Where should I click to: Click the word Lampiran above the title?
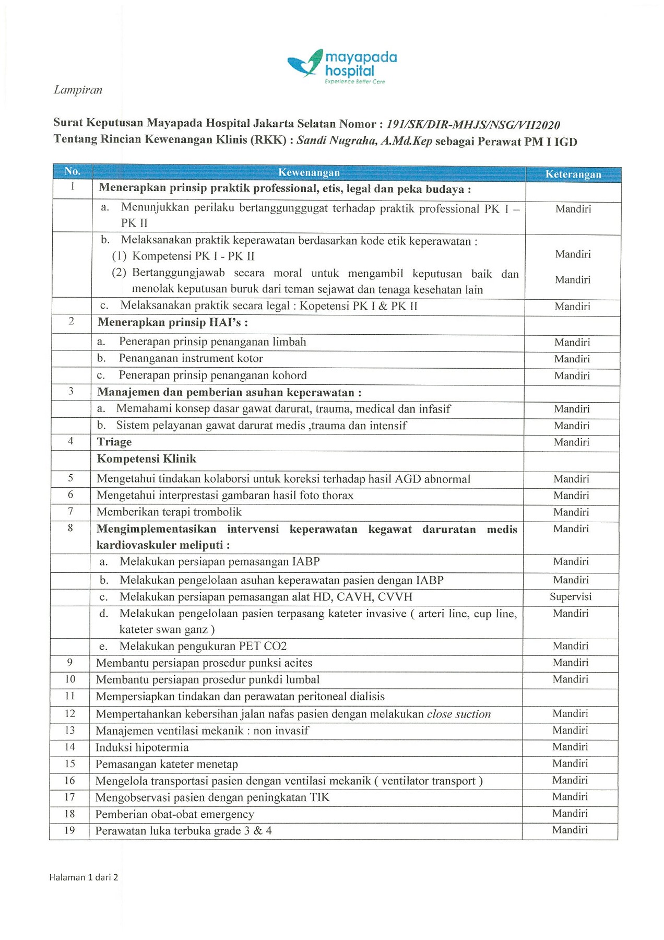click(78, 90)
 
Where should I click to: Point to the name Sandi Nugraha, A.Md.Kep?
click(364, 141)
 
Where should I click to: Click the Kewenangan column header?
click(309, 172)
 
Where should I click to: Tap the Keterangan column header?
click(573, 174)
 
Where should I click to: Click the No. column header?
click(72, 171)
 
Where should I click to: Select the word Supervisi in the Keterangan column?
click(571, 596)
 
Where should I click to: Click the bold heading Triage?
click(114, 442)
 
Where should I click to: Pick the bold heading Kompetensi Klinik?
click(147, 459)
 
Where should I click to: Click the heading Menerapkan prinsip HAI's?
click(172, 322)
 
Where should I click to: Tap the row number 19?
click(69, 830)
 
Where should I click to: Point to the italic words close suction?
click(458, 714)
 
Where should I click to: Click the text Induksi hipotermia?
click(142, 747)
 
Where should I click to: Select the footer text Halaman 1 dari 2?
click(84, 877)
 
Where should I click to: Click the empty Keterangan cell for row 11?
click(570, 697)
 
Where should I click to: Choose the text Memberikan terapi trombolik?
click(169, 512)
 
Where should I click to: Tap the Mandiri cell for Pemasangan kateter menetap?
click(570, 763)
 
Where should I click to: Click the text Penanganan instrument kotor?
click(191, 358)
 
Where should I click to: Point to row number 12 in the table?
click(70, 713)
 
